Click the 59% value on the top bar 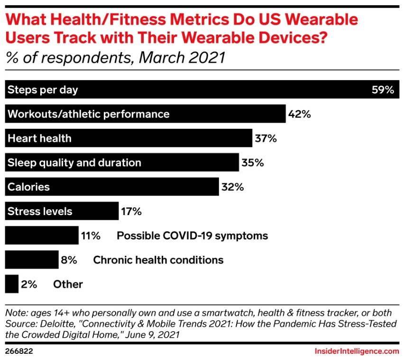tap(383, 90)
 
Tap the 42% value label tap(299, 114)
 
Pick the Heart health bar tap(128, 138)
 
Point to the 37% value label tap(265, 138)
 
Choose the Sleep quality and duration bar tap(121, 162)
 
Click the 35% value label tap(252, 162)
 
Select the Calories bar tap(111, 187)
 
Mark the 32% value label tap(232, 187)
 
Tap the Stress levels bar tap(61, 211)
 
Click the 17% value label tap(131, 211)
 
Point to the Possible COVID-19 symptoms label tap(192, 235)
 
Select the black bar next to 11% tap(41, 235)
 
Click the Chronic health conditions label tap(158, 260)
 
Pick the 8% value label tap(69, 260)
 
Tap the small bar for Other tap(11, 284)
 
